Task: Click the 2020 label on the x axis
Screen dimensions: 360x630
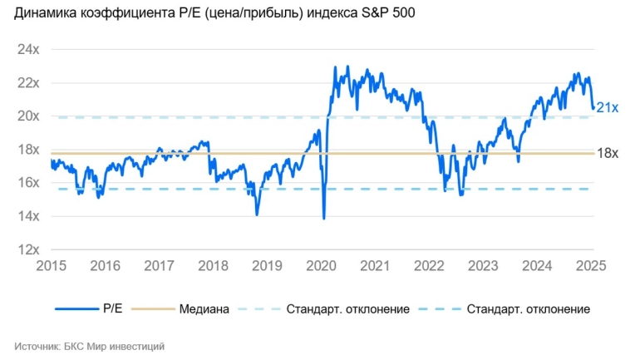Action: (x=321, y=266)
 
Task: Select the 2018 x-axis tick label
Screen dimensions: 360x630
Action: (x=213, y=266)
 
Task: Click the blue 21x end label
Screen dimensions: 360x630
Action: (x=607, y=106)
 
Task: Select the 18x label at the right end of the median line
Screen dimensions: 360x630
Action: (x=608, y=153)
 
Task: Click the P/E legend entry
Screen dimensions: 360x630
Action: (x=113, y=309)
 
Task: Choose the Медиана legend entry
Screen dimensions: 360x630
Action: (x=204, y=309)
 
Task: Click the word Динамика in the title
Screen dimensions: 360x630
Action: (x=48, y=14)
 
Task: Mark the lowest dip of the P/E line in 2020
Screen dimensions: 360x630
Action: (x=323, y=218)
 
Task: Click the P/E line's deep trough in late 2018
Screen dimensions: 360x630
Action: (x=257, y=215)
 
